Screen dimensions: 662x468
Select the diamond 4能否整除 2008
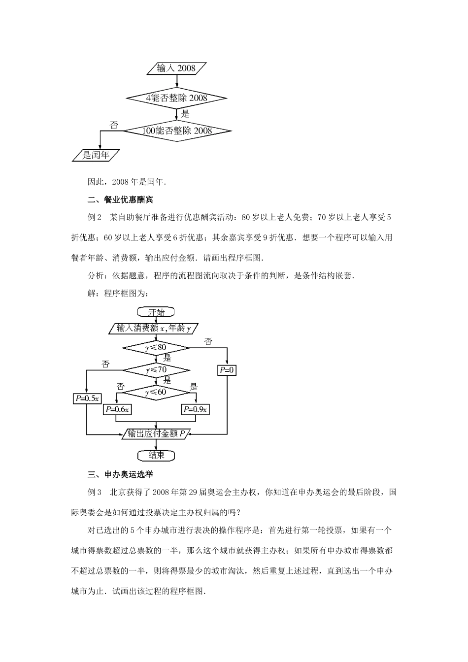point(177,98)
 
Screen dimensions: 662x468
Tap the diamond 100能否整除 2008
point(177,131)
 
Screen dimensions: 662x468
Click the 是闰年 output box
point(96,155)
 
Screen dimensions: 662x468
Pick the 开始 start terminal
point(156,312)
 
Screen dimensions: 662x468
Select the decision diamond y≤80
point(156,348)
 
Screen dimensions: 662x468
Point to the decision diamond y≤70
point(156,369)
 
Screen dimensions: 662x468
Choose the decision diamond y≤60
point(156,392)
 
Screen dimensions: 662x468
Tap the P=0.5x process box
point(87,398)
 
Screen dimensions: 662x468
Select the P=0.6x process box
point(116,409)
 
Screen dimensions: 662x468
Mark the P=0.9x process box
point(196,409)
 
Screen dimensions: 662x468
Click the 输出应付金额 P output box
point(156,434)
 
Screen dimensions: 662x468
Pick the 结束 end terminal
point(156,455)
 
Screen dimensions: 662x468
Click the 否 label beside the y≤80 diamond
point(208,341)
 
